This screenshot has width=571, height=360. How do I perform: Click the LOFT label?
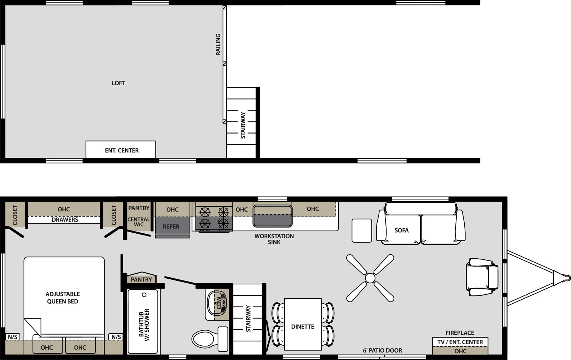pyautogui.click(x=118, y=83)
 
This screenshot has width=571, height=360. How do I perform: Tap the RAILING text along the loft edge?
pyautogui.click(x=218, y=44)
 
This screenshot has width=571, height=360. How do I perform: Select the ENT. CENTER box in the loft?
pyautogui.click(x=121, y=149)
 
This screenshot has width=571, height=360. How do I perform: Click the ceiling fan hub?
pyautogui.click(x=370, y=278)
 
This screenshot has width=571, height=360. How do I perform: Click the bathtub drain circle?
pyautogui.click(x=144, y=295)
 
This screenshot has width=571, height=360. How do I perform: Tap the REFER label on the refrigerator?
pyautogui.click(x=171, y=227)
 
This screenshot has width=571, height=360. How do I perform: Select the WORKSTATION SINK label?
pyautogui.click(x=274, y=239)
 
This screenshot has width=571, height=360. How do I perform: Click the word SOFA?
pyautogui.click(x=401, y=230)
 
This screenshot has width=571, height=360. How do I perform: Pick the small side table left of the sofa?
pyautogui.click(x=362, y=230)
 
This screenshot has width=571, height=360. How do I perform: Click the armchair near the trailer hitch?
pyautogui.click(x=482, y=277)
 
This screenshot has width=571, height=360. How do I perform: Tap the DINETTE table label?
pyautogui.click(x=303, y=326)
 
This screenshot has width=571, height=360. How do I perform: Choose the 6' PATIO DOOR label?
pyautogui.click(x=382, y=350)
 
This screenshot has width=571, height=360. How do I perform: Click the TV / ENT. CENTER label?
pyautogui.click(x=460, y=342)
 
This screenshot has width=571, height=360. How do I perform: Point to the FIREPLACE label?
pyautogui.click(x=460, y=333)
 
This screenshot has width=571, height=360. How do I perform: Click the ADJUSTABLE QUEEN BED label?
pyautogui.click(x=63, y=298)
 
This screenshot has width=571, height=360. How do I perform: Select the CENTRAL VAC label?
pyautogui.click(x=139, y=222)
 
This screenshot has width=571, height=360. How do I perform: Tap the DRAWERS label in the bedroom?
pyautogui.click(x=65, y=220)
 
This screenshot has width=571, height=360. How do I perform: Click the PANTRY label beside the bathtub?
pyautogui.click(x=141, y=279)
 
